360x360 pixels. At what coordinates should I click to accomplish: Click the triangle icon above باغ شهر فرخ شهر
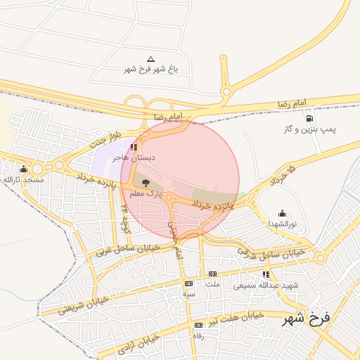click(x=150, y=60)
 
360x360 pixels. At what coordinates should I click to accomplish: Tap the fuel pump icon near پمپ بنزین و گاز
click(x=310, y=118)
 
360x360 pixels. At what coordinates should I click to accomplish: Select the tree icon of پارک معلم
click(x=136, y=182)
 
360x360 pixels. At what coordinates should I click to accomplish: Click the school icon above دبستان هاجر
click(x=134, y=148)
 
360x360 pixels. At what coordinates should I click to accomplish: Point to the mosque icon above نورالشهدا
click(x=282, y=213)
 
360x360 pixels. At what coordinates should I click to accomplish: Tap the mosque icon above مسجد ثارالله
click(x=24, y=169)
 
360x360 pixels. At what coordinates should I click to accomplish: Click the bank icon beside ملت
click(x=212, y=274)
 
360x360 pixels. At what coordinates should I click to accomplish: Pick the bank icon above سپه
click(x=188, y=283)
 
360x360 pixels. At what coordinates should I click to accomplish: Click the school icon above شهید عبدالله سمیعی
click(x=266, y=274)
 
